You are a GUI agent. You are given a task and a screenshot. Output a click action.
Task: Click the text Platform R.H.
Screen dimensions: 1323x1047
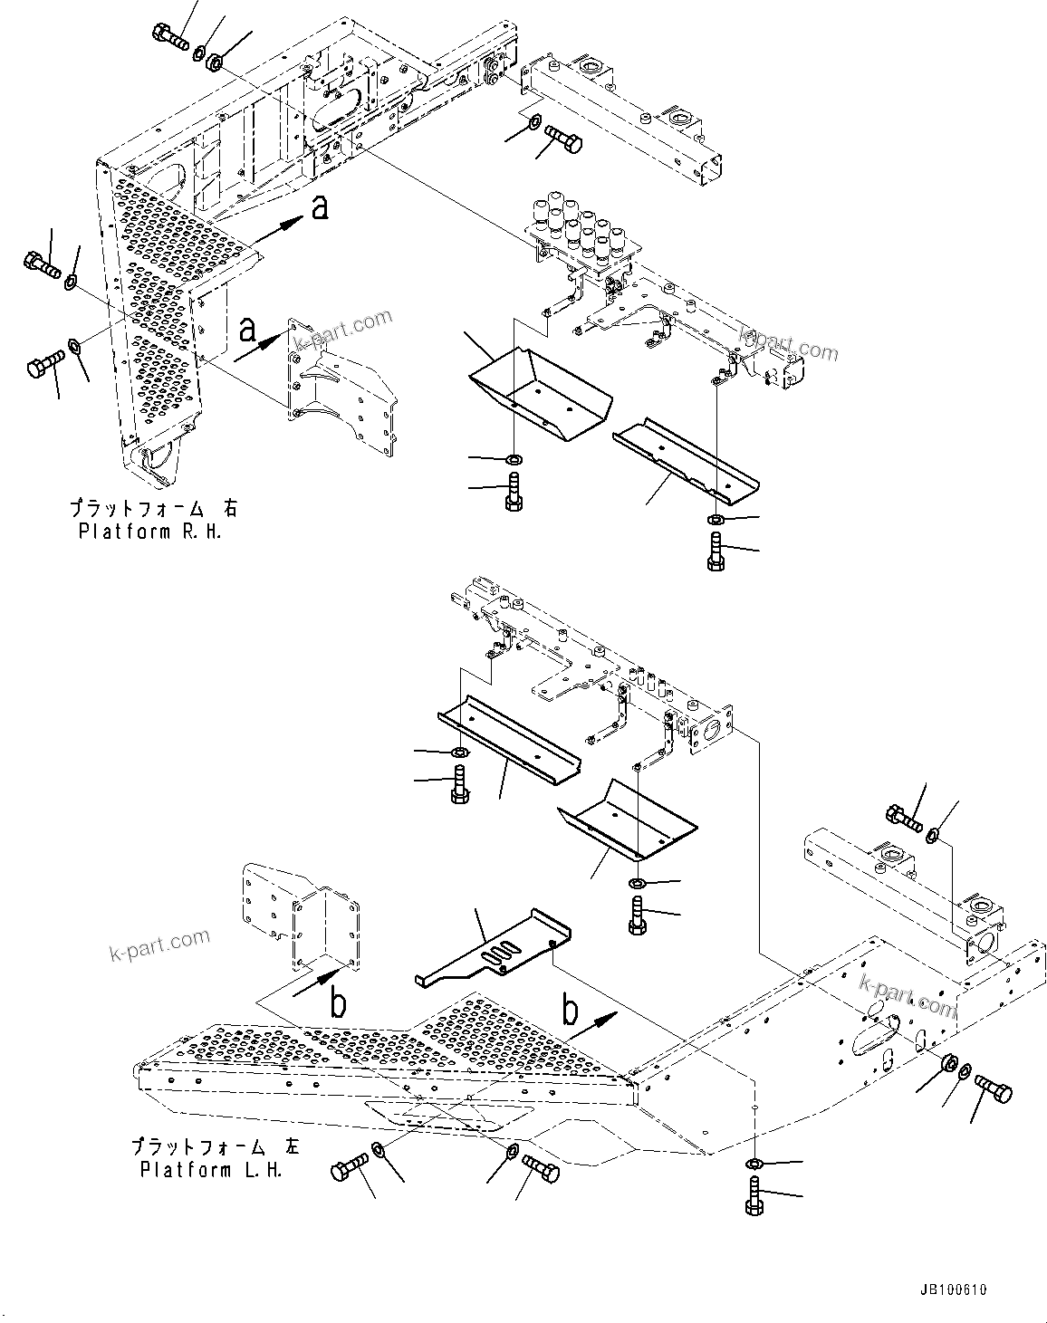pyautogui.click(x=149, y=532)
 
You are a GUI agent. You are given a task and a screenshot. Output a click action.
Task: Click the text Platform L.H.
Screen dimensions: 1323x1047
pyautogui.click(x=211, y=1170)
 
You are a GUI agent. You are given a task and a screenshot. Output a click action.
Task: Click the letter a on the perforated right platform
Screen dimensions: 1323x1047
pyautogui.click(x=318, y=208)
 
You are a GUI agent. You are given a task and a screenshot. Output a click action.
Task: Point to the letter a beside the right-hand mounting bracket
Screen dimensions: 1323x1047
pyautogui.click(x=247, y=331)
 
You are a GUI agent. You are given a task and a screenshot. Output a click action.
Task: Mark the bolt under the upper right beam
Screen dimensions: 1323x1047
pyautogui.click(x=563, y=141)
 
